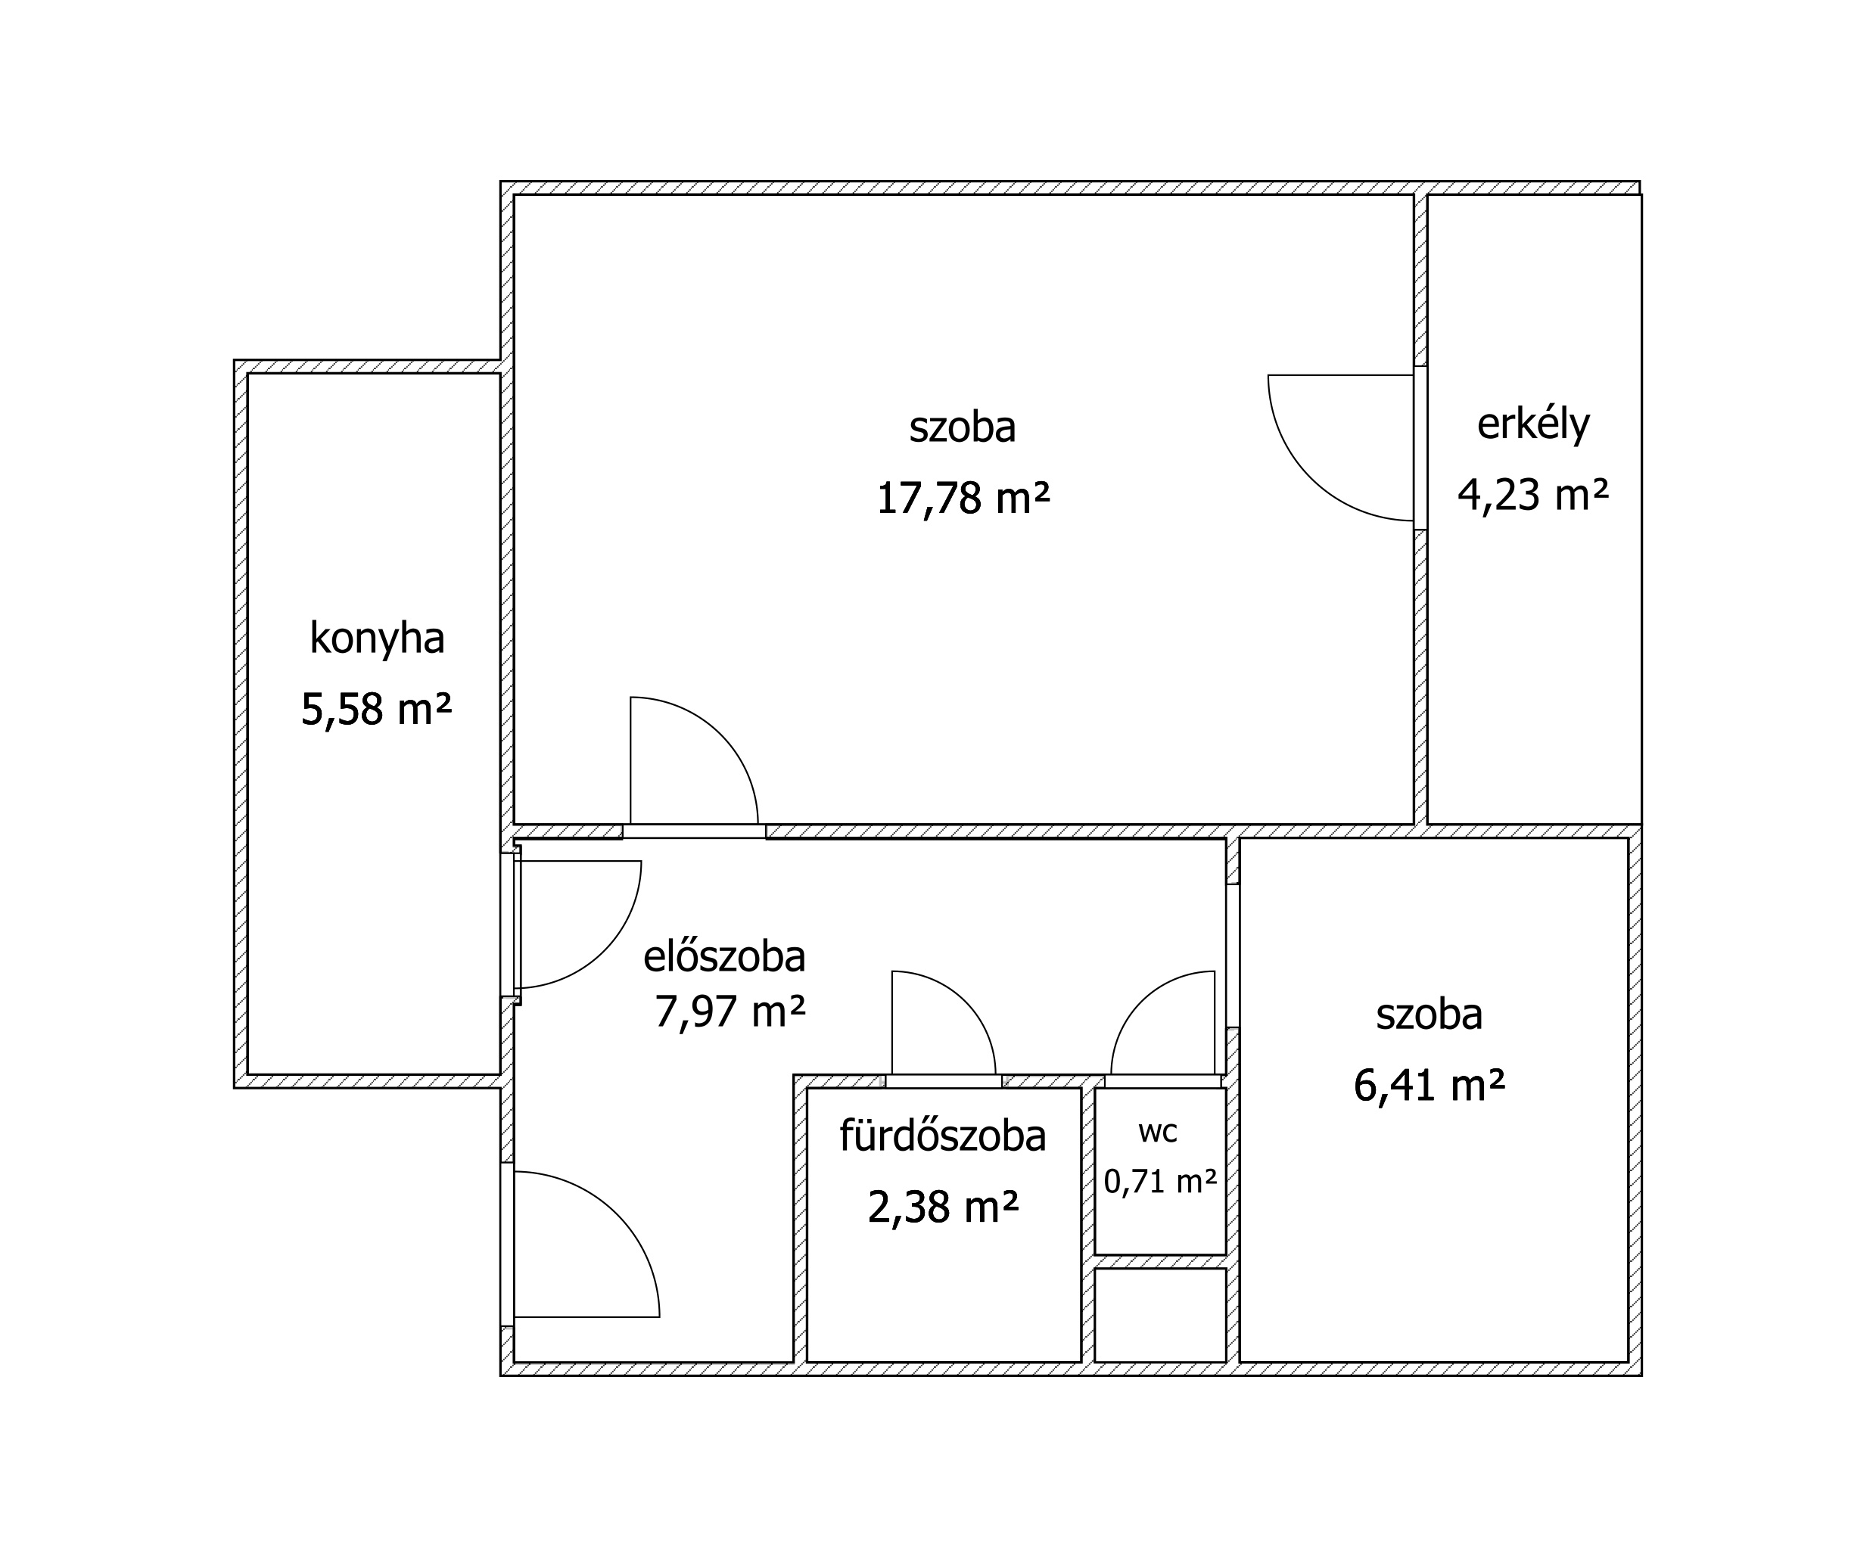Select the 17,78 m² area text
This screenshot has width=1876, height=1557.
coord(963,498)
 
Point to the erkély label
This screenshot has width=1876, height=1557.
coord(1533,424)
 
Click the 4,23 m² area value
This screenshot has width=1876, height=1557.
coord(1533,494)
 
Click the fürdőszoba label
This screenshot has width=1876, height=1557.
coord(942,1136)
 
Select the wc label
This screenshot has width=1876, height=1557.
coord(1159,1133)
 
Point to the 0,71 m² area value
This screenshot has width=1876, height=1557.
coord(1160,1182)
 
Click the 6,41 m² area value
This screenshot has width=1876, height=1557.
coord(1430,1086)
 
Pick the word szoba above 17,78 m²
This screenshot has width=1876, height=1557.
coord(963,427)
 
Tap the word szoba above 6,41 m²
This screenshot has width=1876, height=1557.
coord(1430,1015)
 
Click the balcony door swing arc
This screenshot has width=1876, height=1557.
coord(1311,478)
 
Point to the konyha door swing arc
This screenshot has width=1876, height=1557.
coord(605,950)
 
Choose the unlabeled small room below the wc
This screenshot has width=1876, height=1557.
coord(1160,1315)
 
